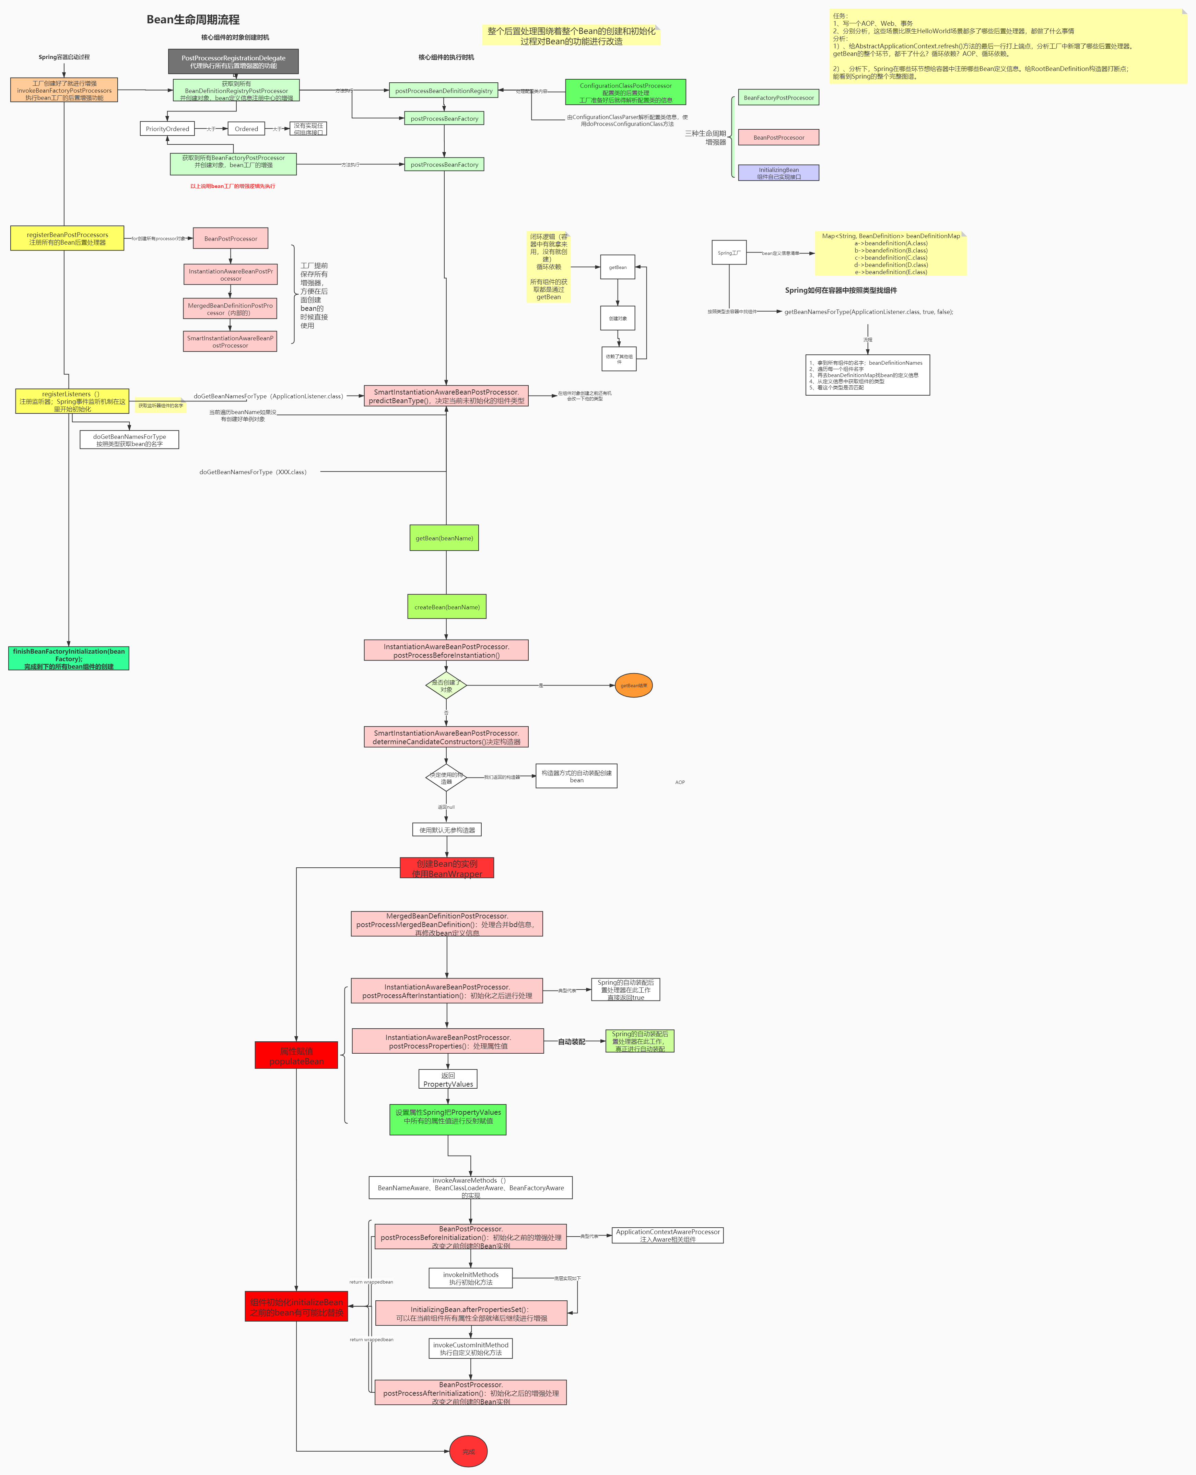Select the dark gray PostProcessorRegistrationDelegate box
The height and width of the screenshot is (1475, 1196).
tap(234, 61)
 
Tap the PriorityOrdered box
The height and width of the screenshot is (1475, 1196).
tap(167, 129)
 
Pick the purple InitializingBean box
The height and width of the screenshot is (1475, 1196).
tap(778, 173)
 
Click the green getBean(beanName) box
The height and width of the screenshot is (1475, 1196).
tap(444, 538)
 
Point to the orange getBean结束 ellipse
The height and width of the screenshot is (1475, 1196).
tap(633, 686)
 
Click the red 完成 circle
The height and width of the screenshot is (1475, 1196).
tap(468, 1452)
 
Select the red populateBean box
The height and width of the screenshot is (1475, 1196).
tap(296, 1055)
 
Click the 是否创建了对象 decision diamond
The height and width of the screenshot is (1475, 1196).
tap(446, 686)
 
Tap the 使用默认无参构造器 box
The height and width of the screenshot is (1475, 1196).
tap(447, 830)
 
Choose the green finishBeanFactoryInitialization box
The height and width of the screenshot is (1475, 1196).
tap(69, 659)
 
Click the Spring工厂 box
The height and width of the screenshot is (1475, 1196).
tap(729, 253)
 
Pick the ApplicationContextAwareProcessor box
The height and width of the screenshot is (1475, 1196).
tap(668, 1235)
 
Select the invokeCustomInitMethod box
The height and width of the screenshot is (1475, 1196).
tap(471, 1348)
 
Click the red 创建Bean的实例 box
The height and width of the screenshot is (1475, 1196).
tap(447, 868)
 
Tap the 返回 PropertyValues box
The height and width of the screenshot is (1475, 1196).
tap(448, 1079)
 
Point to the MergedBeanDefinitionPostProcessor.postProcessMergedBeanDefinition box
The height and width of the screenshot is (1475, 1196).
tap(447, 924)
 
